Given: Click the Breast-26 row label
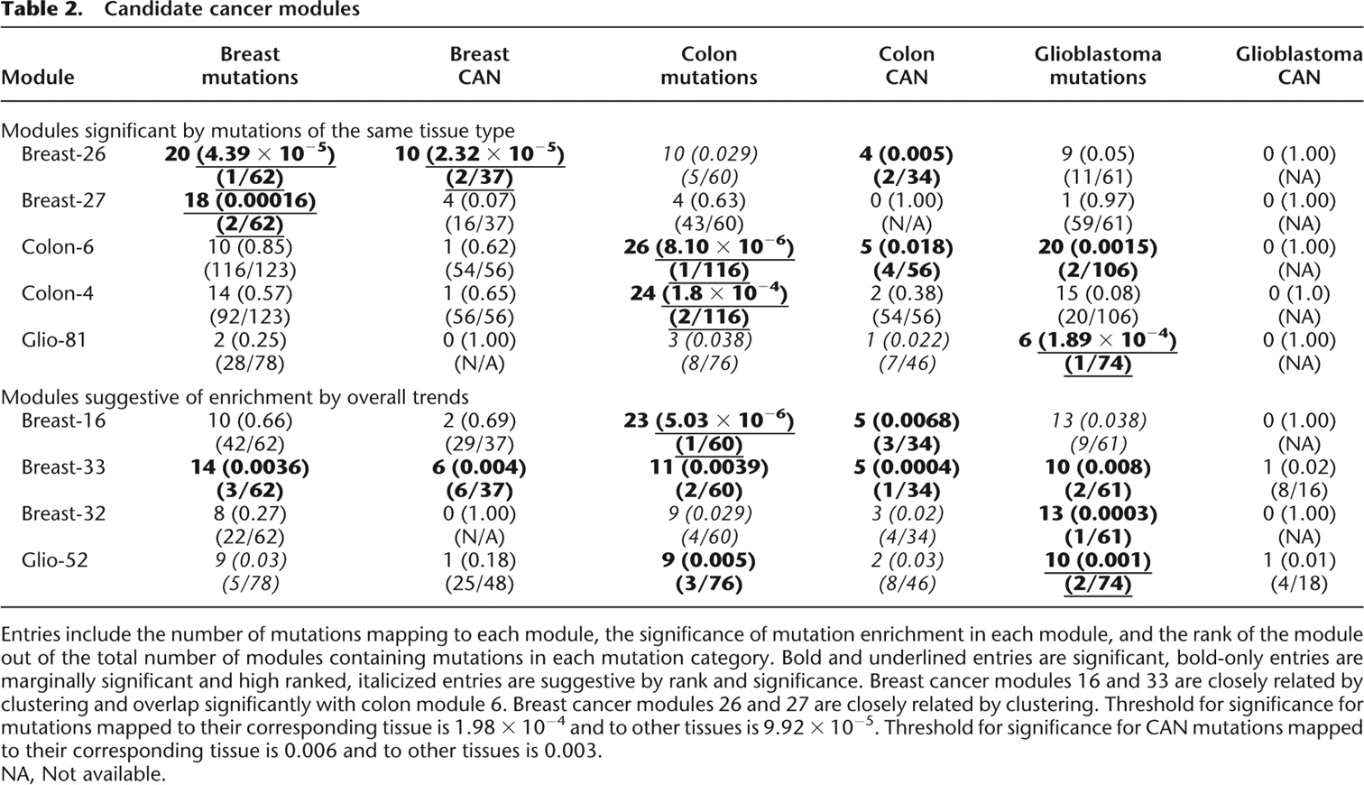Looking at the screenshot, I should [x=63, y=154].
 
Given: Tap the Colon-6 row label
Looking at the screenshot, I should [x=57, y=247].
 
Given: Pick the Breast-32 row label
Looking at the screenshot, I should [x=63, y=513].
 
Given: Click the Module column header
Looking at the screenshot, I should [x=38, y=78].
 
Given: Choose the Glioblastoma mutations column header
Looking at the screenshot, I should [x=1097, y=66].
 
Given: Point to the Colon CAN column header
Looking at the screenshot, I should [x=906, y=66].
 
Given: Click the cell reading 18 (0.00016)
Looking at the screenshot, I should [x=250, y=200].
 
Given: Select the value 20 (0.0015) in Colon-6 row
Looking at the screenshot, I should [x=1097, y=247].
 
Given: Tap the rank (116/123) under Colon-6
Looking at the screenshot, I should [x=250, y=270].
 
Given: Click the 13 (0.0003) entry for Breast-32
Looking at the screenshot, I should [x=1097, y=513].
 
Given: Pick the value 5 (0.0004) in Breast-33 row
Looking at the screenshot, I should [x=906, y=467].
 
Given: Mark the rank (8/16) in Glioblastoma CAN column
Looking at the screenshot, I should [x=1299, y=491].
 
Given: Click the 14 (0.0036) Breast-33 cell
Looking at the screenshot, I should [x=250, y=467].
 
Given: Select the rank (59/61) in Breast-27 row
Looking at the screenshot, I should [x=1097, y=224].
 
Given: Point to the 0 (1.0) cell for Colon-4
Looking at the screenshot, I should [x=1299, y=293].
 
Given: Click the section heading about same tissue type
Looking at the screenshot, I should [x=257, y=131].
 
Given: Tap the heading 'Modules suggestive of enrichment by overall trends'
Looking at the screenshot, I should [x=235, y=397].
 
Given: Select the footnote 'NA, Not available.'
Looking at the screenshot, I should [x=83, y=773].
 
